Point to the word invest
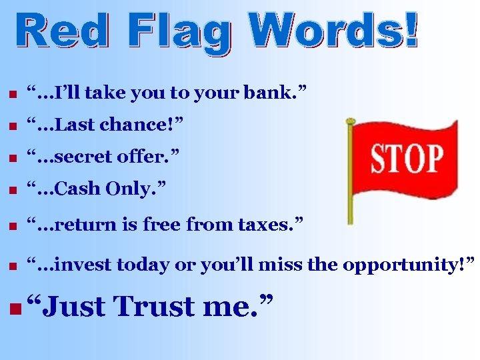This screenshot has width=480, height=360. click(79, 265)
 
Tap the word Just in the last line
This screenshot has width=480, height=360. click(74, 307)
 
